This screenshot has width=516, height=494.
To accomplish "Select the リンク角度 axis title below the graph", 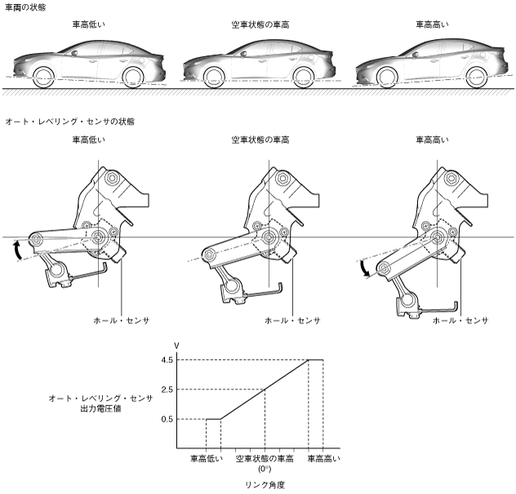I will coord(264,483).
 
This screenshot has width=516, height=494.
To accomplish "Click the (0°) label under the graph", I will coord(264,470).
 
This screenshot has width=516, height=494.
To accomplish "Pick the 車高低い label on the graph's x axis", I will coord(206,459).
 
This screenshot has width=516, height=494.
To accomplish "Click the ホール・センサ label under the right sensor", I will coord(460,320).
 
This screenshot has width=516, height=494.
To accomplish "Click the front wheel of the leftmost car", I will coord(42,78).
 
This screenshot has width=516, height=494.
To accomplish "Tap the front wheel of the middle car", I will coord(214,78).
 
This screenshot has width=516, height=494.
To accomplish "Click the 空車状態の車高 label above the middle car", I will coord(260,25).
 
